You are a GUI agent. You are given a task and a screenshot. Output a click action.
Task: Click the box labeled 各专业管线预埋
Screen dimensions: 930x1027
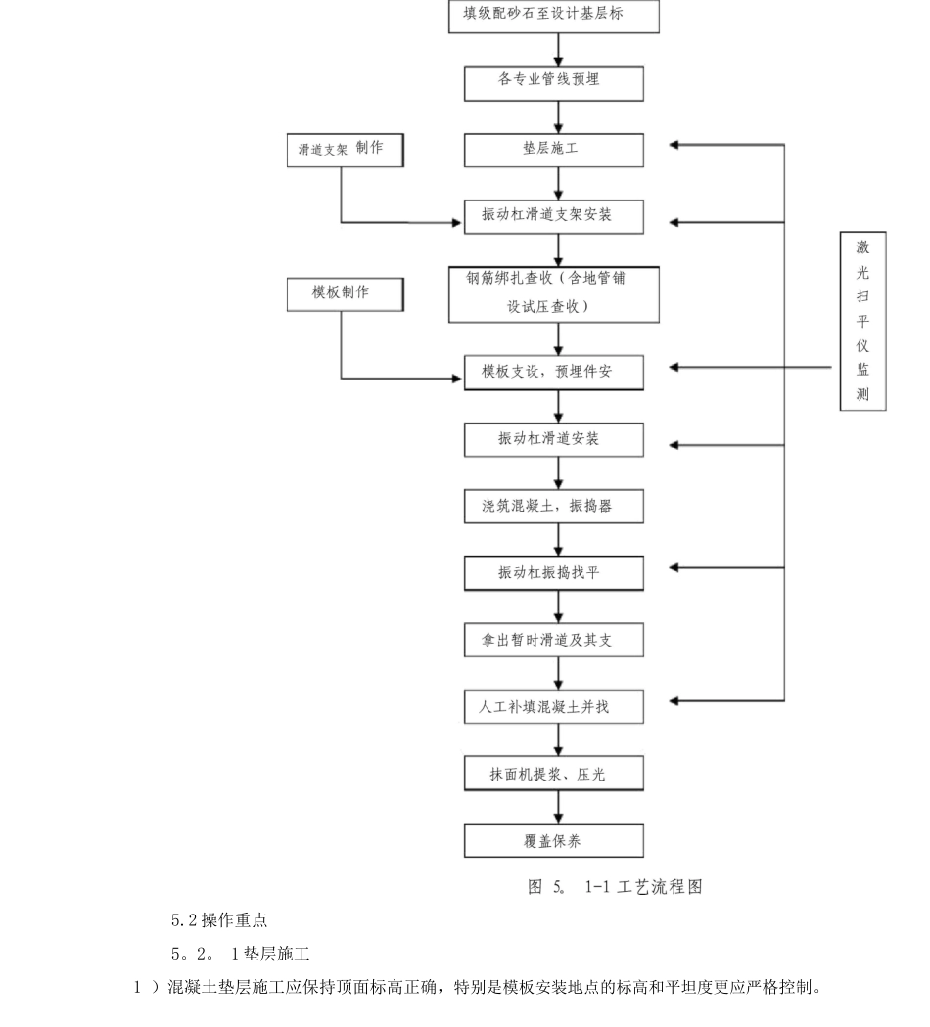coord(554,83)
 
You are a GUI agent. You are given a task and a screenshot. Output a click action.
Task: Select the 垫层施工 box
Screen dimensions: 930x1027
coord(554,150)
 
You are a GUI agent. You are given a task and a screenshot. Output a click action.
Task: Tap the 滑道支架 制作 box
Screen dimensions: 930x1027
coord(346,150)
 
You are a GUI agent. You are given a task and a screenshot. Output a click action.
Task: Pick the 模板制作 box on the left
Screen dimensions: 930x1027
coord(346,294)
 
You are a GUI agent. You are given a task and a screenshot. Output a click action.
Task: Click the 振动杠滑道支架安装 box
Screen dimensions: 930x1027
coord(554,217)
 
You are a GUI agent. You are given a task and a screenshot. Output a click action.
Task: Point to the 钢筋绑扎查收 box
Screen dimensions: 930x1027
coord(554,294)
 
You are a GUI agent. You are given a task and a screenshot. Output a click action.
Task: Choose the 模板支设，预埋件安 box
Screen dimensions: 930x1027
coord(554,373)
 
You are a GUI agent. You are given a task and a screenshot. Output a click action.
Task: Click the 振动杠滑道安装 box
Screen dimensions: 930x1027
coord(554,439)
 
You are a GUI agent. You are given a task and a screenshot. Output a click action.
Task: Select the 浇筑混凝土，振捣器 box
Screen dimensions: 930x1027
coord(554,507)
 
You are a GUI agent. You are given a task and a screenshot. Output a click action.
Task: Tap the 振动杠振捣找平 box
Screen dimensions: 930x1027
coord(554,573)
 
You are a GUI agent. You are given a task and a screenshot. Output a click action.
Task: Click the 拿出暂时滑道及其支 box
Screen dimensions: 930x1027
coord(554,640)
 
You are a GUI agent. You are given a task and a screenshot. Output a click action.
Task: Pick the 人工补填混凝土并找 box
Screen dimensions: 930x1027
coord(554,707)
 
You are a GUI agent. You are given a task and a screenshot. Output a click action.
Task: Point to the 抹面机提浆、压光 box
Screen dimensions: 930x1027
coord(554,774)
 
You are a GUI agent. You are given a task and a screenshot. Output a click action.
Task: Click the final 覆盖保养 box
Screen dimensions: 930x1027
coord(554,840)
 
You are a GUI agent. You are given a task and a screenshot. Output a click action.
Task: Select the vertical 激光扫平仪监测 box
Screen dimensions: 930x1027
coord(863,321)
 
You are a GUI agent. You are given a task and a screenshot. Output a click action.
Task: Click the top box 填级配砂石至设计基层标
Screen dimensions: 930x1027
coord(554,16)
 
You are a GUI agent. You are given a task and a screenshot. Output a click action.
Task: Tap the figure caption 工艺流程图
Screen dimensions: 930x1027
coord(660,887)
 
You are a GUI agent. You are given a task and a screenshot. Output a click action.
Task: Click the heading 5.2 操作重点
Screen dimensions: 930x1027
coord(219,920)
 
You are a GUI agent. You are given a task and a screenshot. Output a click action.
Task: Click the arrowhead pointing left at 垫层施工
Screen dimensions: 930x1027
coord(674,145)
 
